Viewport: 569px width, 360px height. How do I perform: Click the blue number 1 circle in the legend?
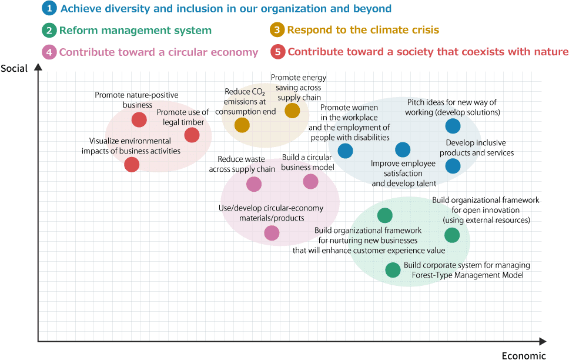pyautogui.click(x=49, y=8)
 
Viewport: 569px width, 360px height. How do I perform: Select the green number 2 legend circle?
pyautogui.click(x=49, y=30)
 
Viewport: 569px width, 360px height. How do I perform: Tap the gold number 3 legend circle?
pyautogui.click(x=277, y=29)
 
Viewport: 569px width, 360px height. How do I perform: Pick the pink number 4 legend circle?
pyautogui.click(x=49, y=52)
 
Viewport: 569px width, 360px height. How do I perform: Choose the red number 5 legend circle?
pyautogui.click(x=278, y=52)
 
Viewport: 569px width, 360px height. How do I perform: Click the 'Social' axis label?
pyautogui.click(x=14, y=68)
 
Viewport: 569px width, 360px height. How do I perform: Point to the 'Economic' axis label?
pyautogui.click(x=524, y=356)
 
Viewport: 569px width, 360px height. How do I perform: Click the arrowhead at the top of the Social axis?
pyautogui.click(x=38, y=67)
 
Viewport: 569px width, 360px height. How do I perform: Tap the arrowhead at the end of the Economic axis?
pyautogui.click(x=543, y=341)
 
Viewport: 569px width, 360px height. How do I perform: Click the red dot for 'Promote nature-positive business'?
pyautogui.click(x=139, y=119)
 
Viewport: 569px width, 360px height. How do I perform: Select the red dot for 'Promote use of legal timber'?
pyautogui.click(x=192, y=135)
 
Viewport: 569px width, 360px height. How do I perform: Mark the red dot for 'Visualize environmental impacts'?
pyautogui.click(x=132, y=165)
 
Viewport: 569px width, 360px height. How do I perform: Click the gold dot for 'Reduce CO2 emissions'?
pyautogui.click(x=242, y=125)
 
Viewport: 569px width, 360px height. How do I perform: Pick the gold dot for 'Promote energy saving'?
pyautogui.click(x=292, y=111)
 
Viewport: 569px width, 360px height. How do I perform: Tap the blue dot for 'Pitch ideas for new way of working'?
pyautogui.click(x=453, y=126)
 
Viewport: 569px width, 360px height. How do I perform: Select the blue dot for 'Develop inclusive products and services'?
pyautogui.click(x=453, y=166)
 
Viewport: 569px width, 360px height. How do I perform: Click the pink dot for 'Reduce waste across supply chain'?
pyautogui.click(x=254, y=184)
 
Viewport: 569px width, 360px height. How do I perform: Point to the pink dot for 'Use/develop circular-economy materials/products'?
pyautogui.click(x=272, y=233)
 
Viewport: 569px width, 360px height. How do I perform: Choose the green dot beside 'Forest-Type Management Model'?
pyautogui.click(x=393, y=270)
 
